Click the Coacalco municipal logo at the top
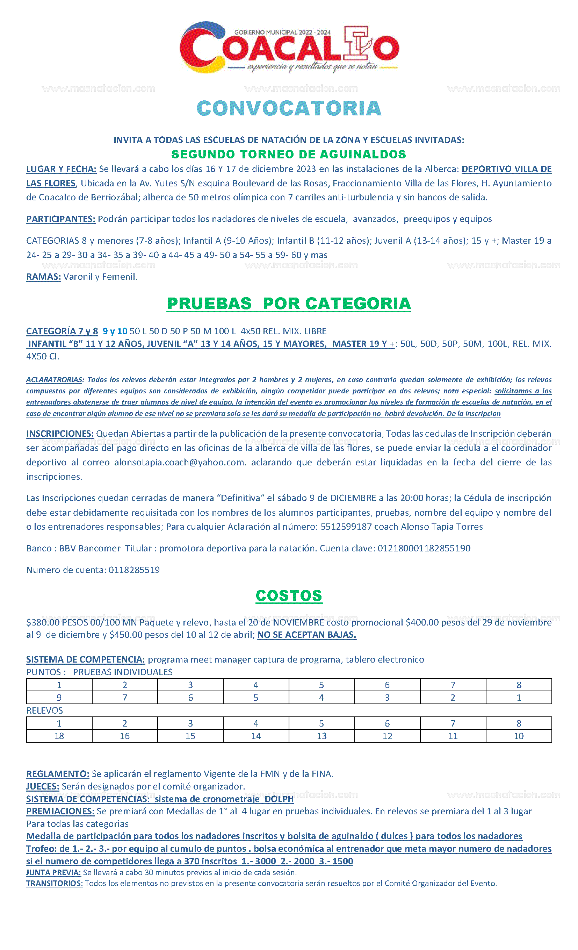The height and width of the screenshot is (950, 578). coord(289,48)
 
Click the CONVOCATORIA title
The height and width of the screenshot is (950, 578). coord(289,108)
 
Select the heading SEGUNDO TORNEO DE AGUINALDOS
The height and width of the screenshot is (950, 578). coord(289,154)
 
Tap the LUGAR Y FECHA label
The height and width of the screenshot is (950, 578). coord(61,169)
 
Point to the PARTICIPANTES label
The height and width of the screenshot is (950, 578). coord(60,219)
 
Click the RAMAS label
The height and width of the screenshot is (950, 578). coord(44,277)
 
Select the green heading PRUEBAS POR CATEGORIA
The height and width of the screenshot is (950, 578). coord(289,303)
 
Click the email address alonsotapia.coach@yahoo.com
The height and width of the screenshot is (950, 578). coord(180,462)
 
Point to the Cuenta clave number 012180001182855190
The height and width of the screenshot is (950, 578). coord(424,548)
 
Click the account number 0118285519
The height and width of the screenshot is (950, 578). coord(134,570)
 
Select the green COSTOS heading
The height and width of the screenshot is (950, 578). coord(289,596)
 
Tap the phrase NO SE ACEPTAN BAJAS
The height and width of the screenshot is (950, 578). coord(307,635)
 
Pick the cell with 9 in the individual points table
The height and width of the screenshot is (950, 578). coord(59,698)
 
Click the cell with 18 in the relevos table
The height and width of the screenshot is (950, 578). coord(59,736)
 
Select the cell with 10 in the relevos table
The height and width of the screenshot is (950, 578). coord(519,736)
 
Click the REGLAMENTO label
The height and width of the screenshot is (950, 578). coord(58,774)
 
